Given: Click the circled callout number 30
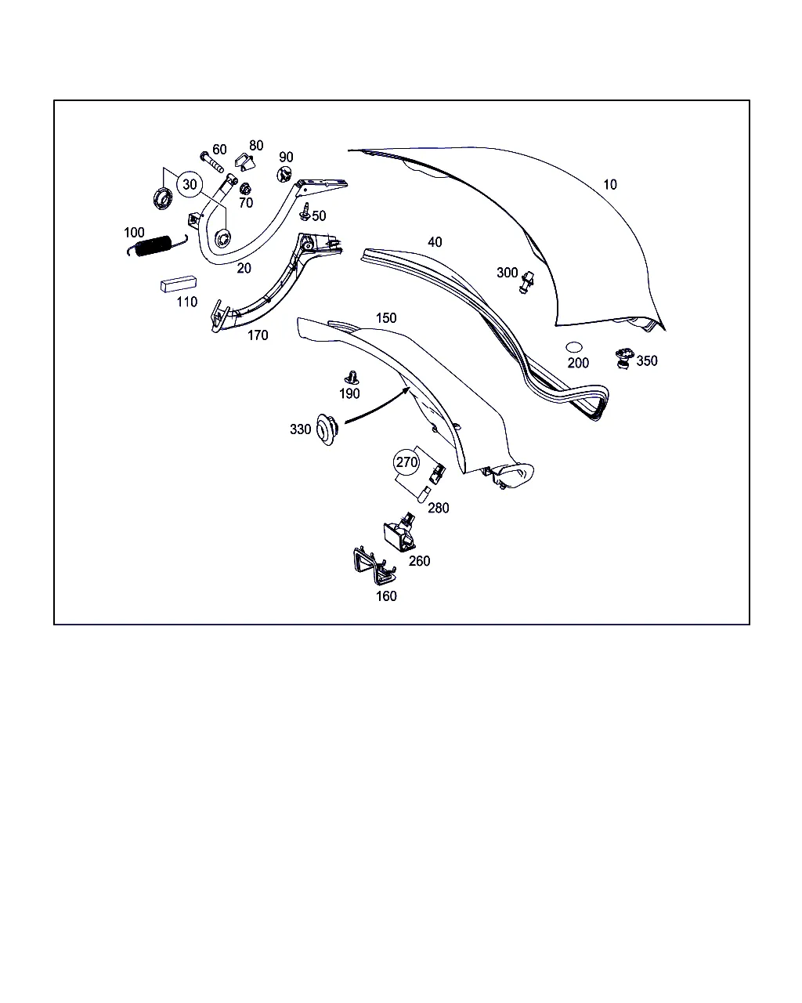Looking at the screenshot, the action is pos(190,185).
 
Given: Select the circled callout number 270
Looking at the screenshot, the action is pos(406,462).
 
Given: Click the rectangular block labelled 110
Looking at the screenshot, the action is pos(179,284).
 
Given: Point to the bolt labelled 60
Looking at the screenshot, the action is pos(212,162).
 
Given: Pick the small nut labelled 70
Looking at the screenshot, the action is pos(245,189).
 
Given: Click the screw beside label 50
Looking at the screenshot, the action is pos(305,212).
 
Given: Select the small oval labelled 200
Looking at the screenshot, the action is pos(573,348).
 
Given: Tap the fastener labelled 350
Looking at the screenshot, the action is pos(624,358).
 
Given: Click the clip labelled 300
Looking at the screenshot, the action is pos(526,282).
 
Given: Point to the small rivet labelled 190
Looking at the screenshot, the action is pos(352,378).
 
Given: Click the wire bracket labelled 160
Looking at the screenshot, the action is pos(374,566).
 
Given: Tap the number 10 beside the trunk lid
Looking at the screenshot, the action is pos(610,185).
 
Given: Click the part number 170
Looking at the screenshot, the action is pos(258,335).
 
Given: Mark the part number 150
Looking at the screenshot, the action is pos(386,318).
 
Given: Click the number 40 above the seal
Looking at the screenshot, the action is pos(435,242).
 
